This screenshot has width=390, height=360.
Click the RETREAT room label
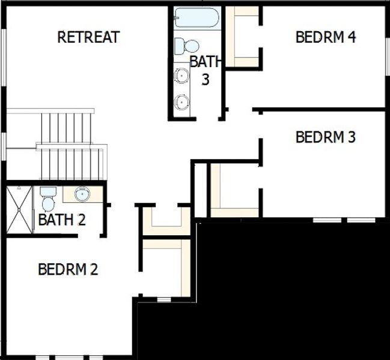click(x=88, y=37)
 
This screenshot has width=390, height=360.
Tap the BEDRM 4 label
click(x=326, y=37)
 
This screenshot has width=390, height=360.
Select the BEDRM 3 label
click(x=326, y=137)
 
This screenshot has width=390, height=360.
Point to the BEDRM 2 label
click(x=67, y=269)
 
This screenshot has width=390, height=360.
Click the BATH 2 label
click(x=61, y=220)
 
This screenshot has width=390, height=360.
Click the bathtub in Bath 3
click(x=196, y=18)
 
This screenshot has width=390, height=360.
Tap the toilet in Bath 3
click(x=187, y=46)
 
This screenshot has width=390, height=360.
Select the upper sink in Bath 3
click(x=182, y=76)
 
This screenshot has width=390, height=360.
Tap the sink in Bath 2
click(x=82, y=194)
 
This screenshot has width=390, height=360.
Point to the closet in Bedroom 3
click(x=234, y=190)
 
